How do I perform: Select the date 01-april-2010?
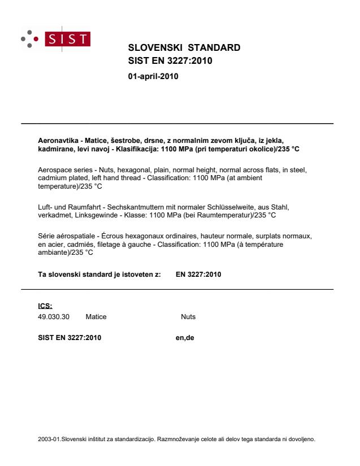click(153, 77)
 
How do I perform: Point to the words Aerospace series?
click(56, 169)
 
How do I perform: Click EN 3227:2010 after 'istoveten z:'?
click(198, 275)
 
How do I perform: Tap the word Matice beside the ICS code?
click(96, 317)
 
